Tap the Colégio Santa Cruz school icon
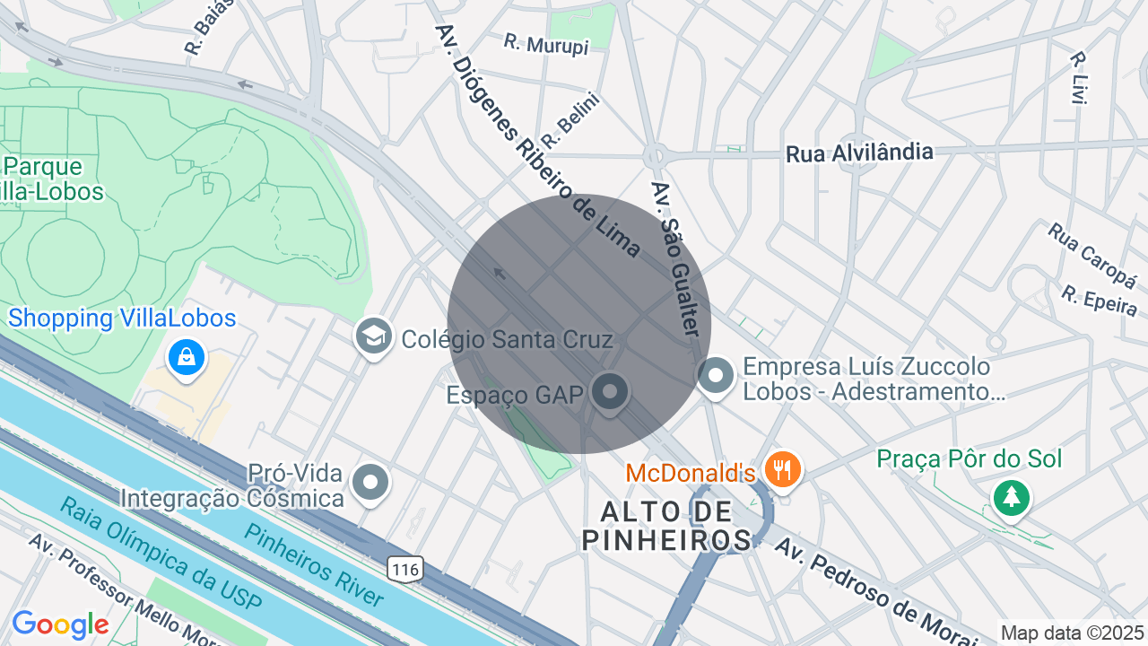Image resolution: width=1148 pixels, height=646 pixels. [372, 336]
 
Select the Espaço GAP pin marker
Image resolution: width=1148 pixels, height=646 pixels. [610, 392]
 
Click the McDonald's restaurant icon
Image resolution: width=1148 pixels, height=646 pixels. [783, 468]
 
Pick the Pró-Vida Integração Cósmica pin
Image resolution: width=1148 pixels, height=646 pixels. [370, 482]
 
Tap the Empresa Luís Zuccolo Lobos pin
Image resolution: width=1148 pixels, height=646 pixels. [716, 376]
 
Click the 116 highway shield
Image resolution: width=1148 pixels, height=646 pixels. [405, 569]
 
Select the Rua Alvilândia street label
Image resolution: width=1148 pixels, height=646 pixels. [859, 153]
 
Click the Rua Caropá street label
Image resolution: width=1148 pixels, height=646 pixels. [1091, 250]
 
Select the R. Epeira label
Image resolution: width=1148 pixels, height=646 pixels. [1099, 301]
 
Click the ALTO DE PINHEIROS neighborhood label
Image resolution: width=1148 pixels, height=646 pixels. [666, 526]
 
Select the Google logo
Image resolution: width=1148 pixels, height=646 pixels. [61, 624]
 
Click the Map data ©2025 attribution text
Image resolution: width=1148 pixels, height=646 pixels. [1073, 633]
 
